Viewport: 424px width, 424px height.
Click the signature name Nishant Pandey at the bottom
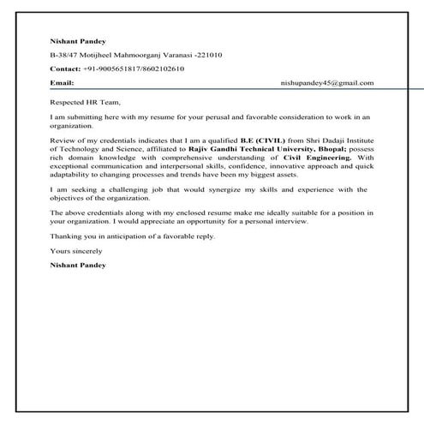pos(79,266)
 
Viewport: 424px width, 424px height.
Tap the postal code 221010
pos(211,55)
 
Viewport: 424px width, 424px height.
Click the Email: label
pos(62,83)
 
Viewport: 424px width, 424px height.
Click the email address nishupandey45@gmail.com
pos(327,83)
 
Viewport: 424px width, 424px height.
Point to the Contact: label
pos(66,69)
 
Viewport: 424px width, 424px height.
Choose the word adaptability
pos(72,172)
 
